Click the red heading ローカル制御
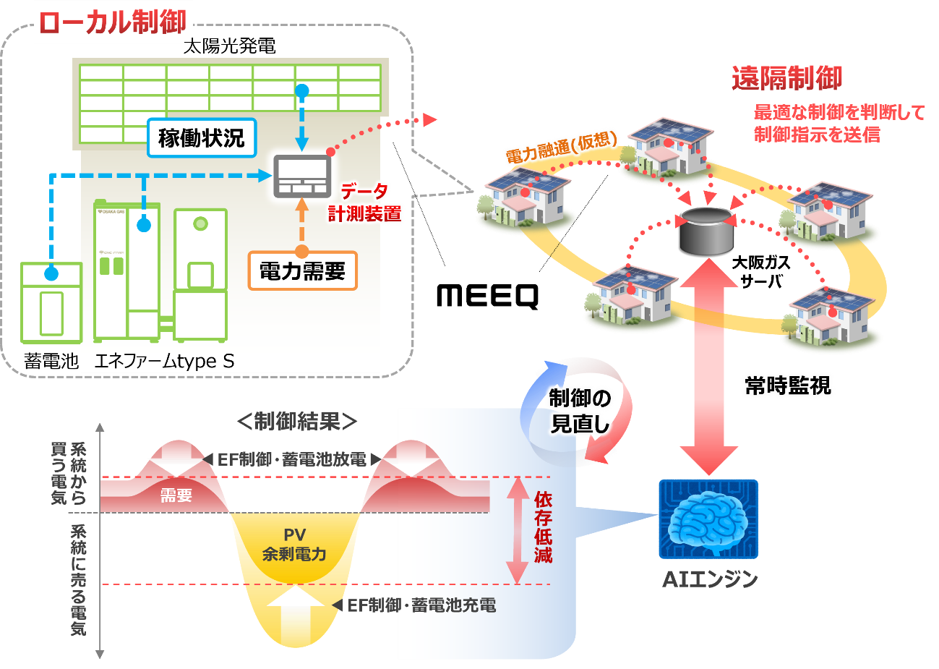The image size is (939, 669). pos(112,22)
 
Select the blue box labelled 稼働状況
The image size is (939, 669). pos(202,137)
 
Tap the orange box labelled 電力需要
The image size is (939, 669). pos(302,271)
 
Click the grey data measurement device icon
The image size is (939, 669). pos(301,176)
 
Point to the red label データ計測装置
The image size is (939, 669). pos(365,203)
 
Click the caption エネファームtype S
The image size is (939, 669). pos(165,361)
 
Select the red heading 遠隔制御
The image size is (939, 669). pos(787,78)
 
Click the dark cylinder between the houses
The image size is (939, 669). pos(706,230)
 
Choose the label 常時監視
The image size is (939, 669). pos(788,385)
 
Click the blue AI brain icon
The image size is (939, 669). pos(708,519)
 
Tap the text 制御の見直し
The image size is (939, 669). pos(580,410)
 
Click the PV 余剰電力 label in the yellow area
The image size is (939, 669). pos(294,545)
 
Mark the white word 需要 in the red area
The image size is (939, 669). pos(176,495)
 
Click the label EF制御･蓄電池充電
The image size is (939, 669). pos(421,605)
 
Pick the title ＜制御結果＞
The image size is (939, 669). pos(297,421)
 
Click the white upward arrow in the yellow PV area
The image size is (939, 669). pos(296,615)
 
